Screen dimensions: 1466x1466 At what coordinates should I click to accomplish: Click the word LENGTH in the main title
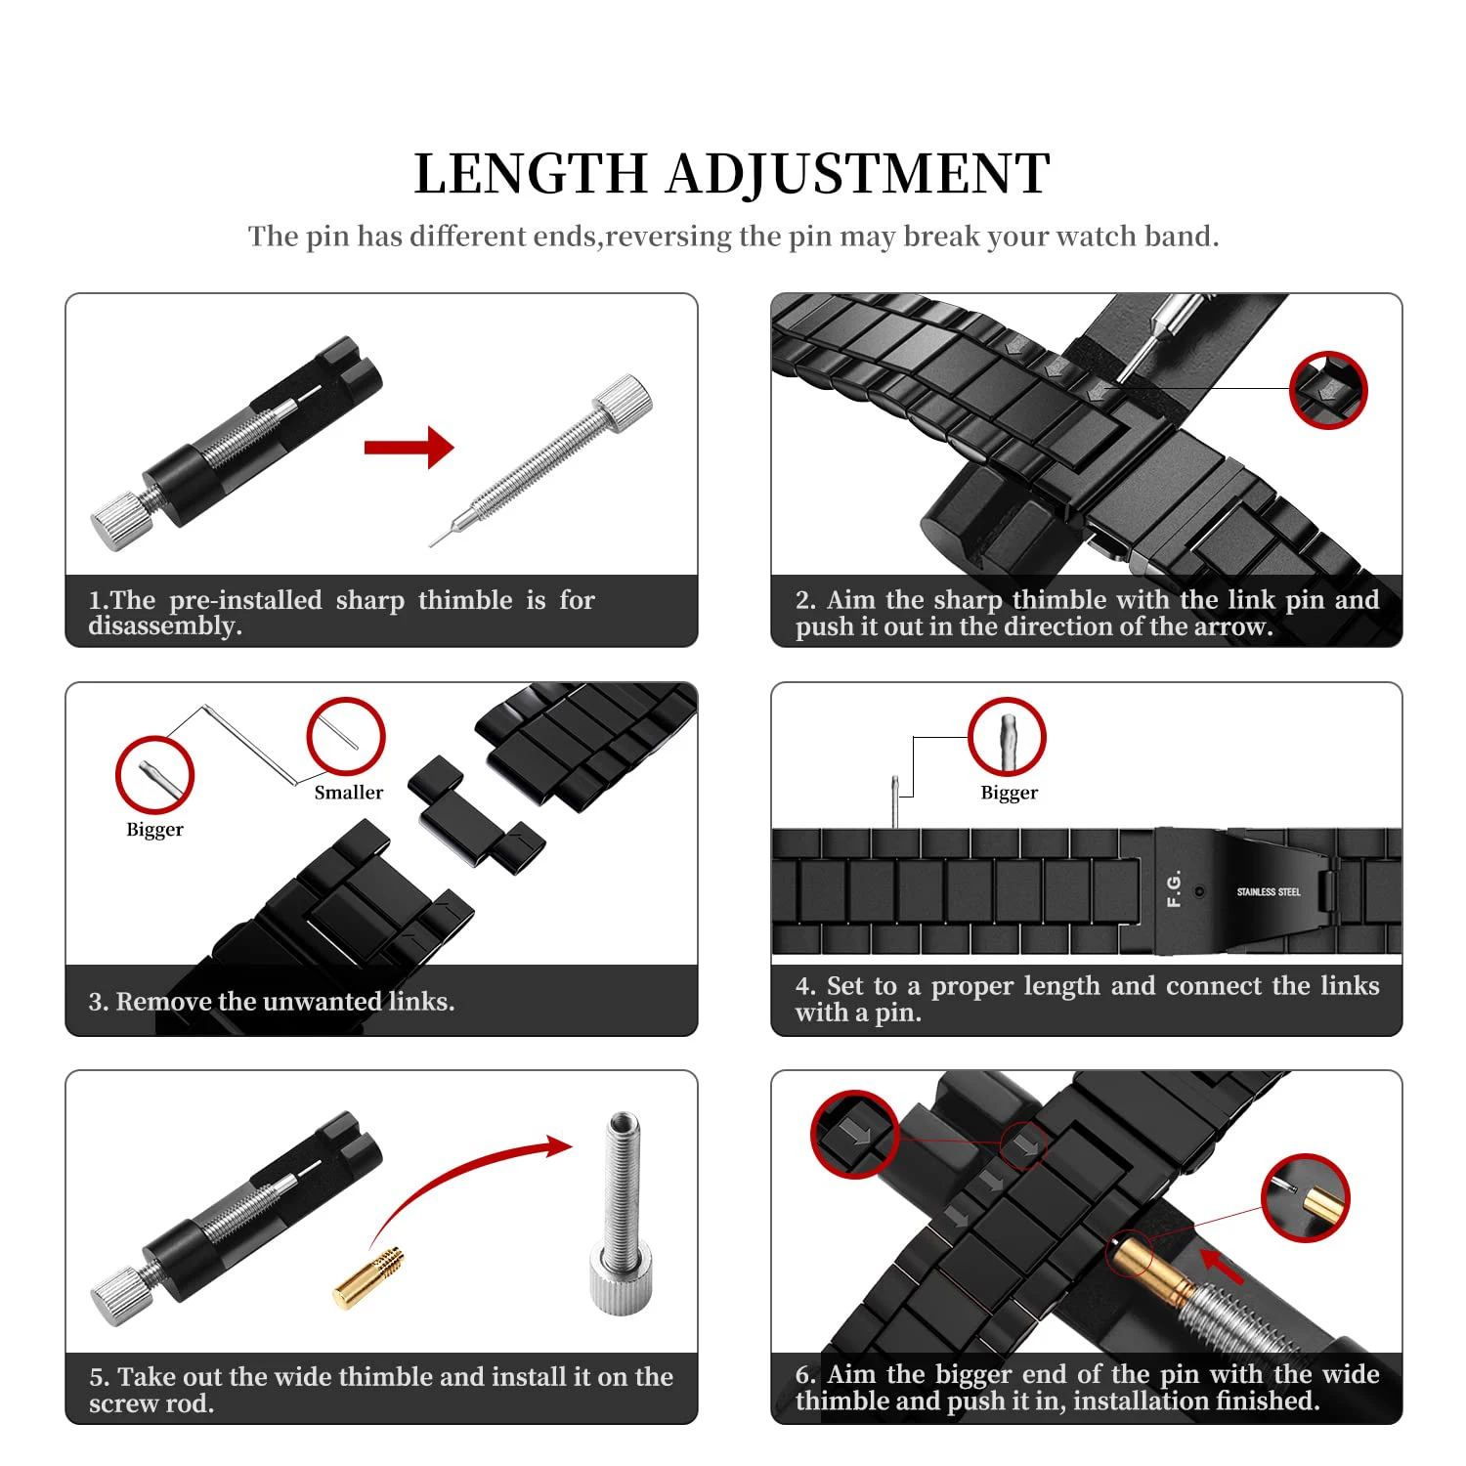[x=531, y=174]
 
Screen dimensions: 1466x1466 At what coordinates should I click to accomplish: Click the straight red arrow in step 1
[x=409, y=448]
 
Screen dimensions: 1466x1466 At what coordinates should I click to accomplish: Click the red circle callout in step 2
[x=1327, y=390]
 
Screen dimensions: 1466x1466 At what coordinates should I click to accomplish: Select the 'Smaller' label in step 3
[x=348, y=793]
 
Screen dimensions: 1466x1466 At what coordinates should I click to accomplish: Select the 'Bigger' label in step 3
[x=154, y=830]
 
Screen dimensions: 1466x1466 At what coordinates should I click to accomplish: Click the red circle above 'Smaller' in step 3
[x=346, y=736]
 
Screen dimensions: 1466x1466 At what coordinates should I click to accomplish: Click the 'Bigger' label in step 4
[x=1009, y=793]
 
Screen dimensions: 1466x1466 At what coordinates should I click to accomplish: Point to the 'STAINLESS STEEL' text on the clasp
[x=1268, y=891]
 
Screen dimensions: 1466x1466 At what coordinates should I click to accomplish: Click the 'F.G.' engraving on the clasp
[x=1174, y=887]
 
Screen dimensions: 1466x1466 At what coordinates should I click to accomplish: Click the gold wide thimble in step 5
[x=367, y=1277]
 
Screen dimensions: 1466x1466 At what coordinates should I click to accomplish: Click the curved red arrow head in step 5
[x=558, y=1146]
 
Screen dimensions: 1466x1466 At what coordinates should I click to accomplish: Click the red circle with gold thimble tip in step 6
[x=1304, y=1197]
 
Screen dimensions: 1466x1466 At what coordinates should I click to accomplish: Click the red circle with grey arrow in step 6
[x=854, y=1134]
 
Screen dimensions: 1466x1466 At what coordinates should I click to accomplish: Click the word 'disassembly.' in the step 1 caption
[x=164, y=626]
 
